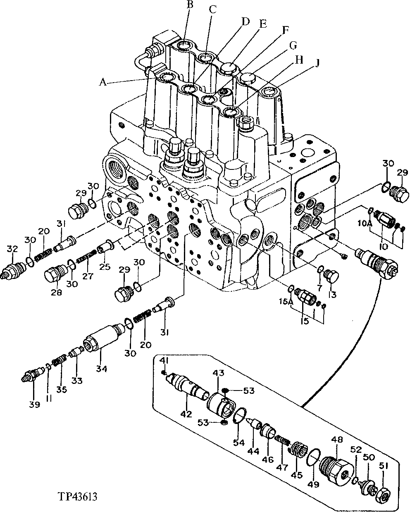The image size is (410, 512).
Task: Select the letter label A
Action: (103, 82)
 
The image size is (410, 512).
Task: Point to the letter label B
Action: (190, 5)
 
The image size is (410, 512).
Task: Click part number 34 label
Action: (102, 369)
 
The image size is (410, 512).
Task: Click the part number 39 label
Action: (34, 405)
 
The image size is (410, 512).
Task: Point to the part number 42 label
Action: (186, 413)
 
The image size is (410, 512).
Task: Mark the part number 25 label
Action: (105, 267)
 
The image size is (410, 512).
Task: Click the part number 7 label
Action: (318, 287)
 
